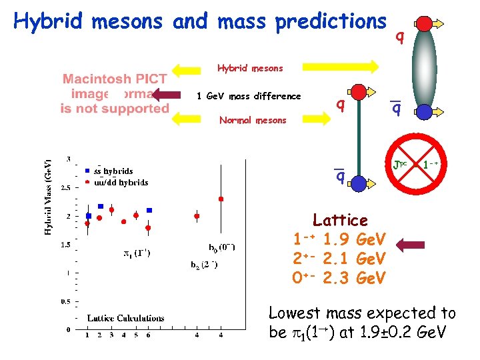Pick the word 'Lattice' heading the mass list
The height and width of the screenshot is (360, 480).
pos(340,220)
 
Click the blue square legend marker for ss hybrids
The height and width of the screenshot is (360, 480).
pos(88,171)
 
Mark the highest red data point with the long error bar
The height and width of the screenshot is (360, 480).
pos(221,199)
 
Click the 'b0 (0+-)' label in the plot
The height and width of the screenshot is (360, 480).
pos(222,248)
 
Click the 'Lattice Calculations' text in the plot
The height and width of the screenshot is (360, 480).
pos(125,318)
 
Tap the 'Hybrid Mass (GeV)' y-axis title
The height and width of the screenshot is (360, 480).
pos(48,197)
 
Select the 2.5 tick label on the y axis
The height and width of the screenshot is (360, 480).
pos(66,188)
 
